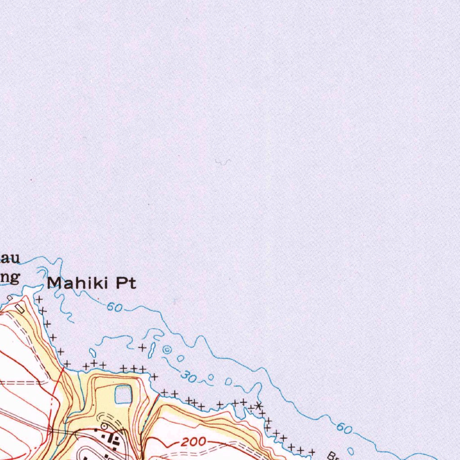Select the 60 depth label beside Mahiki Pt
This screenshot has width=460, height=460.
115,308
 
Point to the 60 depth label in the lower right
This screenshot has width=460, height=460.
345,429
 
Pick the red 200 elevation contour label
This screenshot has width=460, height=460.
195,442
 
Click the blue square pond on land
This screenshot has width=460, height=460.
124,395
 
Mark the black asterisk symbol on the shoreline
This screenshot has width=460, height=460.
259,406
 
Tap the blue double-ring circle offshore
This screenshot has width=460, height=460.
167,349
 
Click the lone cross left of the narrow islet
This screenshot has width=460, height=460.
142,347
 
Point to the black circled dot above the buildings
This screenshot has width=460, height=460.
104,425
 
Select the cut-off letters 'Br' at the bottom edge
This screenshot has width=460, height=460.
333,455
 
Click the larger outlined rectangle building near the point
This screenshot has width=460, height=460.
20,308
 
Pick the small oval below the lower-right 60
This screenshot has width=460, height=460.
351,451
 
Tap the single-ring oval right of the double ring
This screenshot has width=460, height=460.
180,358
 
